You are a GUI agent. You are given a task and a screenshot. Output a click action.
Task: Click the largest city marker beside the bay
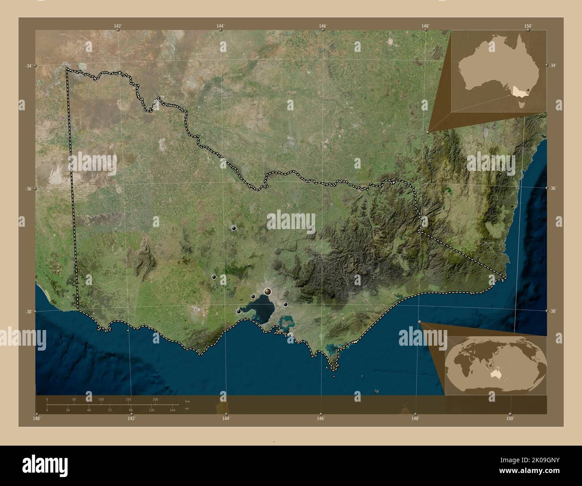pyautogui.click(x=268, y=291)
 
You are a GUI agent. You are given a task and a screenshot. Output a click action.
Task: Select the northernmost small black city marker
pyautogui.click(x=234, y=228)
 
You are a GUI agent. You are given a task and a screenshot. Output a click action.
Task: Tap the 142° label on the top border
pyautogui.click(x=118, y=26)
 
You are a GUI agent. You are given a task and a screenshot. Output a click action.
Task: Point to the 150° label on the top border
pyautogui.click(x=528, y=26)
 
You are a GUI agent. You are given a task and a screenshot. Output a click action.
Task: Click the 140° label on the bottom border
pyautogui.click(x=37, y=418)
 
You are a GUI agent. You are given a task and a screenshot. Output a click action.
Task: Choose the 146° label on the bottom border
pyautogui.click(x=321, y=418)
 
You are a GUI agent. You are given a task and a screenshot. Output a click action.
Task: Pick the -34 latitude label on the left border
pyautogui.click(x=28, y=66)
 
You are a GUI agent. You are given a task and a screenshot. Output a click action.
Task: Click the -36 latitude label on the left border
pyautogui.click(x=28, y=189)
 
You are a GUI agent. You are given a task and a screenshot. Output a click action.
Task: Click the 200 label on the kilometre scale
pyautogui.click(x=155, y=399)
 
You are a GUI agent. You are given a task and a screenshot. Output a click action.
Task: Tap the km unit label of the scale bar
pyautogui.click(x=187, y=401)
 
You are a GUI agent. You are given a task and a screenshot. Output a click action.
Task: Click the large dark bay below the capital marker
pyautogui.click(x=262, y=309)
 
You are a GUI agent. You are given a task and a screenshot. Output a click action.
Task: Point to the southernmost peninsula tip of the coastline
pyautogui.click(x=334, y=370)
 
